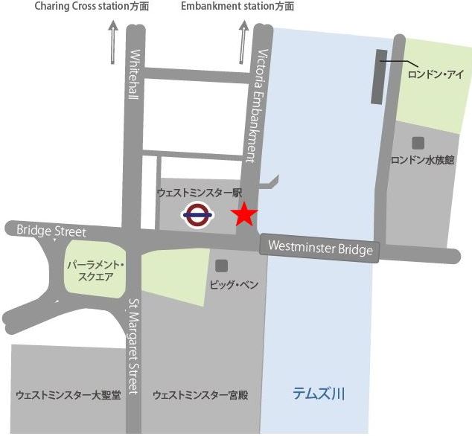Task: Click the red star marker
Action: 243,216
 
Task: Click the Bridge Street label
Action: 51,231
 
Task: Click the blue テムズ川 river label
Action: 319,393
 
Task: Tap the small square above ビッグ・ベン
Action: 221,266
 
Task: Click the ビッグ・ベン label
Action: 233,285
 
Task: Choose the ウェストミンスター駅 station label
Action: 200,192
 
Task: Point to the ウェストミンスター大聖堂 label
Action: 68,395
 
